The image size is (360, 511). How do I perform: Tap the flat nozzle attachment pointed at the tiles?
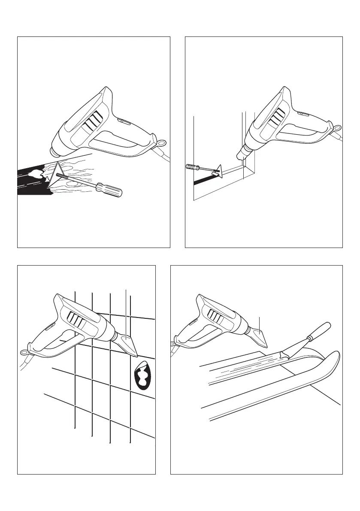point(128,345)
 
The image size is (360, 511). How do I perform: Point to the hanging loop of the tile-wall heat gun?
point(23,353)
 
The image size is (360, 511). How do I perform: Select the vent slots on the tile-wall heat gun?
point(75,320)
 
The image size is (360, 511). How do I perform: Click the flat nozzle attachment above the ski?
point(259,337)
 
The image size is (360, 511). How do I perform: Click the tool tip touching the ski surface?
point(283,354)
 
